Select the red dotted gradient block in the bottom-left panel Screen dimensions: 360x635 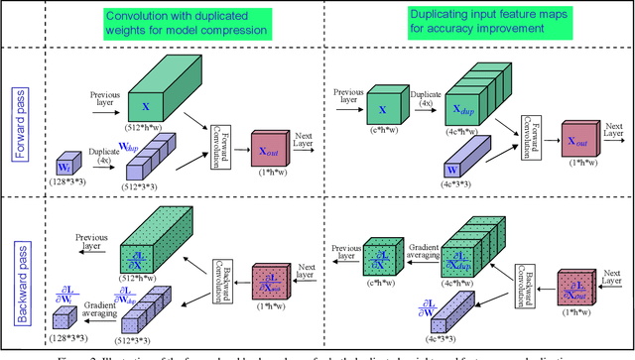[268, 282]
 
